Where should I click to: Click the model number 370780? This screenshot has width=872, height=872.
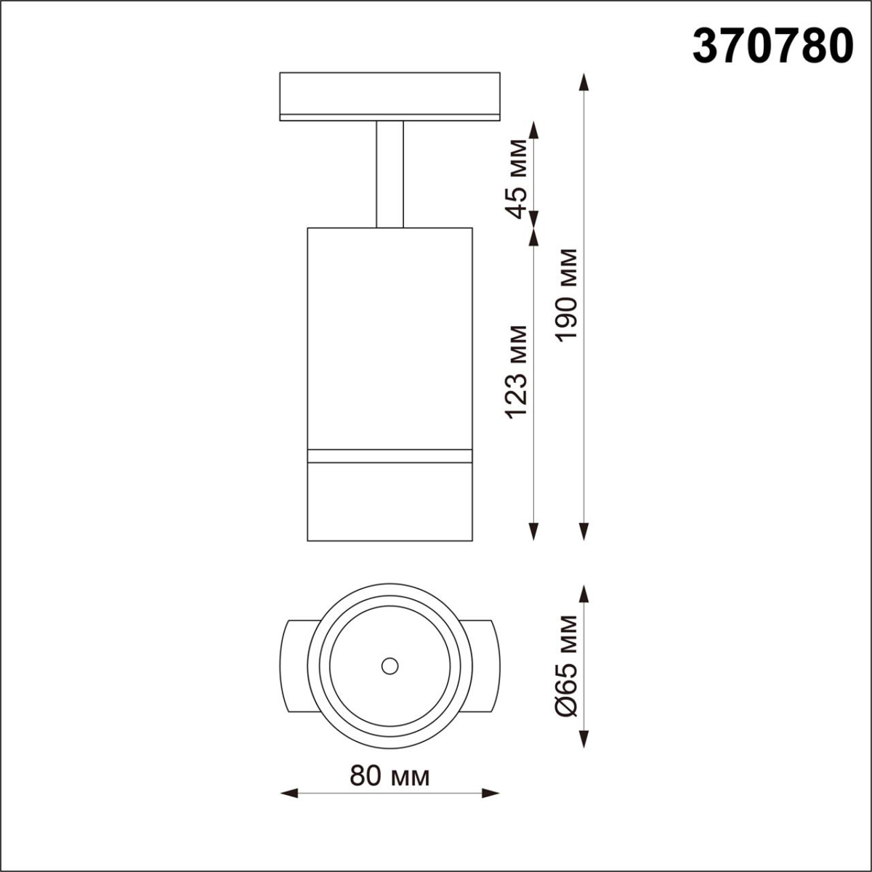(x=772, y=45)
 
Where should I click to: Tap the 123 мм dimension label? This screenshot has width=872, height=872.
(x=517, y=371)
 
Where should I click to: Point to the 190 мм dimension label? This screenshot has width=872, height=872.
(x=566, y=294)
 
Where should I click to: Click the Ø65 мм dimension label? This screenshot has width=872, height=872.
(x=566, y=666)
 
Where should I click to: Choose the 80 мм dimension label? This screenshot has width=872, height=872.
(x=389, y=776)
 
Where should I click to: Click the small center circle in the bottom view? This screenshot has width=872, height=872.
(x=390, y=665)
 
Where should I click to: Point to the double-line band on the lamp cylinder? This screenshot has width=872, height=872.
(x=390, y=456)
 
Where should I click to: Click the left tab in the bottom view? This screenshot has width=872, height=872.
(x=296, y=665)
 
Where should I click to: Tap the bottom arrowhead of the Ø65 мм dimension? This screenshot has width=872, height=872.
(x=584, y=739)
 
